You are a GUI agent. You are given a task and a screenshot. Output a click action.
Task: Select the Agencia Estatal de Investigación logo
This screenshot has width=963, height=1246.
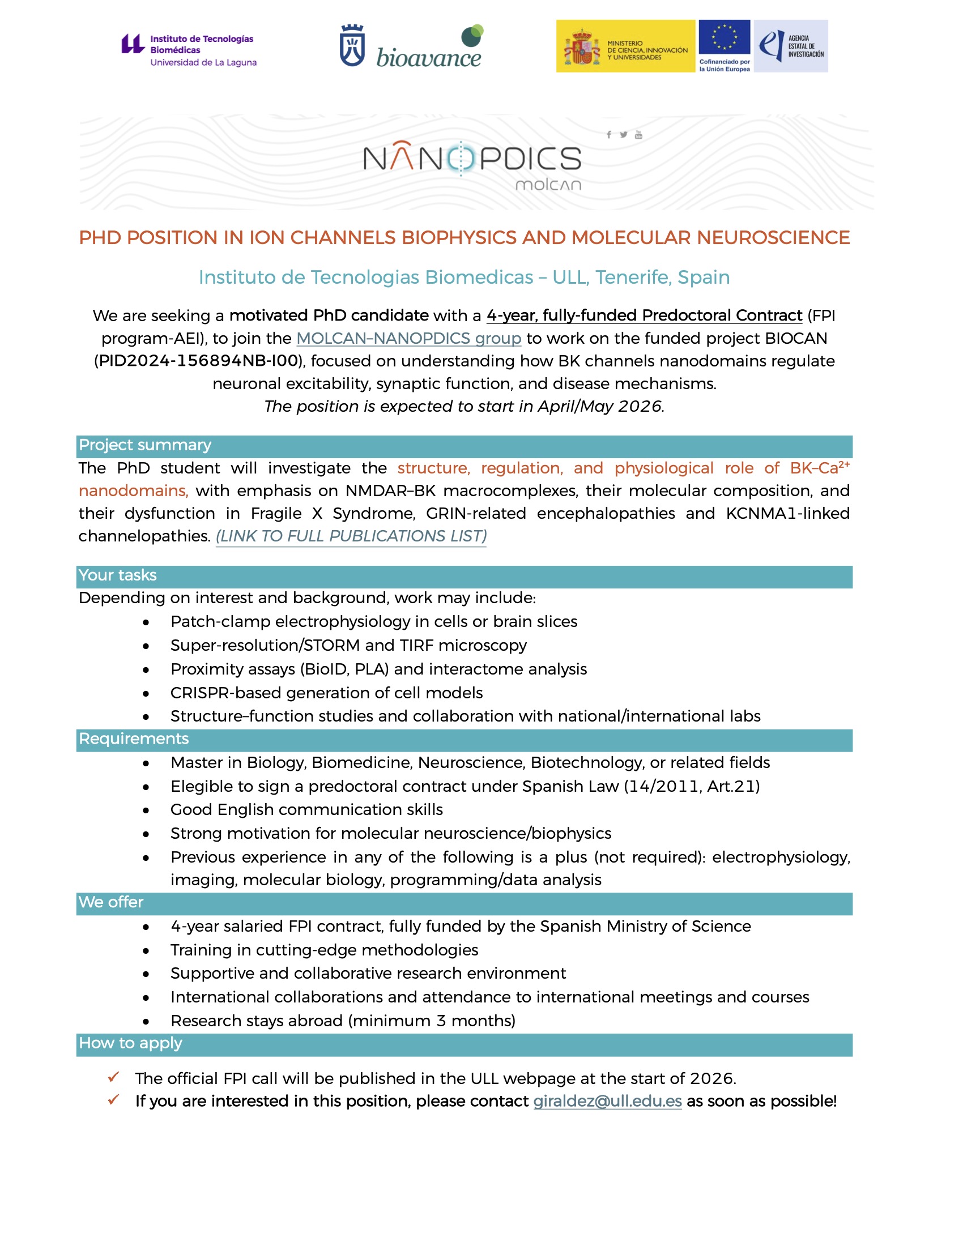[x=790, y=46]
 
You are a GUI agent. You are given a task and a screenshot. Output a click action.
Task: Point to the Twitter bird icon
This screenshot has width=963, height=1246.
[x=624, y=135]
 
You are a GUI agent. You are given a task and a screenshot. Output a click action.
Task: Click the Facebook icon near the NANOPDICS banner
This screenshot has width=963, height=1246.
[x=609, y=135]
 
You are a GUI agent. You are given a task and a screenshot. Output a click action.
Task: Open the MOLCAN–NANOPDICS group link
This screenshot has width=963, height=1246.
[x=408, y=338]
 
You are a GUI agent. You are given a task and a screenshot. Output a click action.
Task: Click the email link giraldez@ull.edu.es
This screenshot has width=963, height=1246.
[x=607, y=1101]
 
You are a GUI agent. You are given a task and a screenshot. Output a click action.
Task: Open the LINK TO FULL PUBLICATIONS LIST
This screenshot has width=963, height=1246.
[x=351, y=536]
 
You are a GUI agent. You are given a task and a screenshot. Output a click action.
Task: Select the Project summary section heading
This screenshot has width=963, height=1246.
[x=145, y=445]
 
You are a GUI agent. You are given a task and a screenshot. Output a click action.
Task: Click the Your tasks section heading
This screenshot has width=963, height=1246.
[x=117, y=575]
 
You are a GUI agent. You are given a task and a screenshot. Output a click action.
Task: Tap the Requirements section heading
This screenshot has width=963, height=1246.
[x=134, y=739]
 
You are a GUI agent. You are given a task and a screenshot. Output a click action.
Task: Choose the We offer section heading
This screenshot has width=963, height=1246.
[x=110, y=902]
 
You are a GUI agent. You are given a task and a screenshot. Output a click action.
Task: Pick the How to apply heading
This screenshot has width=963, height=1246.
[x=130, y=1043]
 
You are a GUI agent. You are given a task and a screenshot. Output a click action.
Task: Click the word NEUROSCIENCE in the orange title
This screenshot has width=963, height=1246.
[x=773, y=237]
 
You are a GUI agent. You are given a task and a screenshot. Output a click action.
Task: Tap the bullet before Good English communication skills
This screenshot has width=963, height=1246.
[x=146, y=810]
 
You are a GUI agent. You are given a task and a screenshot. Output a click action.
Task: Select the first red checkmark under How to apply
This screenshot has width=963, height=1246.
[x=113, y=1077]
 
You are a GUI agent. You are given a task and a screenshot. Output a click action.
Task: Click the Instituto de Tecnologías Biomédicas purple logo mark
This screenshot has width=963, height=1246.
[x=133, y=44]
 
